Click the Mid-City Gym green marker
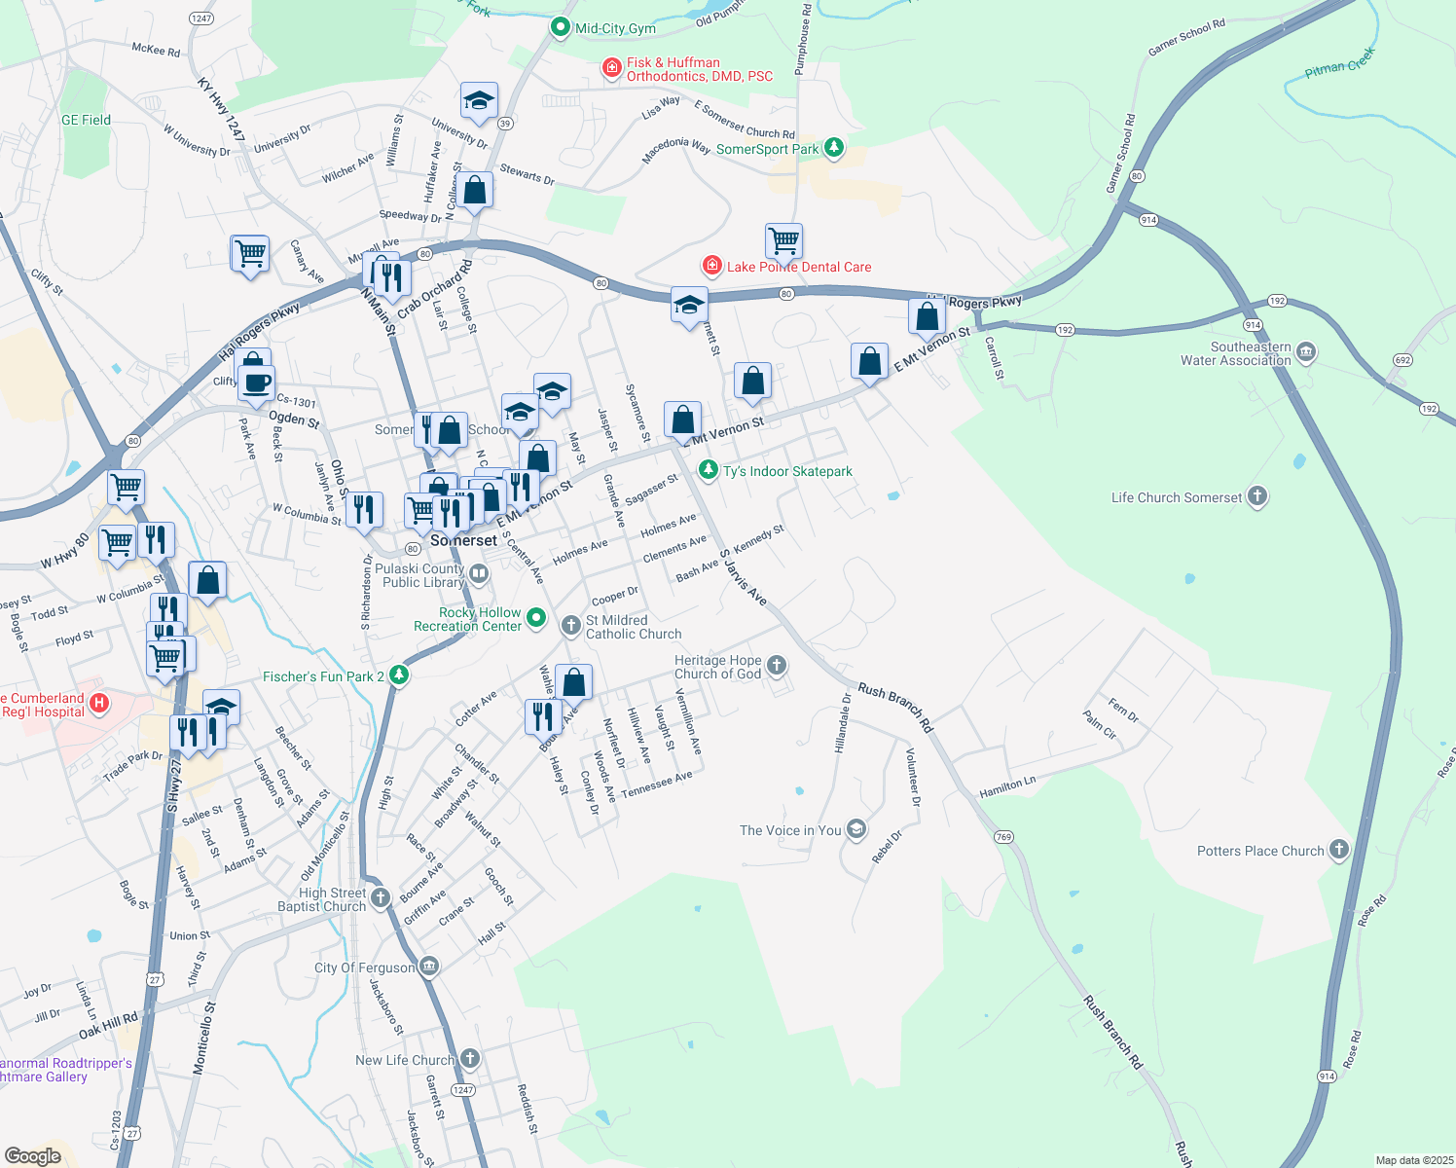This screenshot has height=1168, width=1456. click(x=560, y=27)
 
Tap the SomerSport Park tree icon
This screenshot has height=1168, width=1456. click(x=833, y=148)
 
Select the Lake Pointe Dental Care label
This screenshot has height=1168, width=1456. click(x=799, y=267)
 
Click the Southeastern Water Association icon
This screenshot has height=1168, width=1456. click(x=1306, y=352)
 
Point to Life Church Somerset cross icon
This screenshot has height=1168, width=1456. click(x=1257, y=496)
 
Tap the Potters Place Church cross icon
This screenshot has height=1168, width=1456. click(x=1339, y=850)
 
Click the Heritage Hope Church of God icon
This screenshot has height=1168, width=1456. click(x=776, y=666)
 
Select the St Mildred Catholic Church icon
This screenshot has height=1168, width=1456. click(x=571, y=625)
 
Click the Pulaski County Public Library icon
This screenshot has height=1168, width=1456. click(x=478, y=574)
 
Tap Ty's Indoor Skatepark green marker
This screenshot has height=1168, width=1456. click(x=709, y=471)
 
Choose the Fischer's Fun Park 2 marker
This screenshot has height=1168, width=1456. click(x=398, y=675)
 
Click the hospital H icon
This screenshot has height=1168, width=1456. click(x=99, y=703)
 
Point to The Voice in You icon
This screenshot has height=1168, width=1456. click(x=856, y=829)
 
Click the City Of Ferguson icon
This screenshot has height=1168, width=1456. click(x=429, y=967)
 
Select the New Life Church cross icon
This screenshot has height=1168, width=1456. click(x=470, y=1059)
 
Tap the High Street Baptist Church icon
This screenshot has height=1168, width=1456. click(x=381, y=897)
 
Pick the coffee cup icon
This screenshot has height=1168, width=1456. click(x=256, y=383)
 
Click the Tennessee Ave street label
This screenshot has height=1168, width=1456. click(x=657, y=785)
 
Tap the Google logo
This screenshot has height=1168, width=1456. click(x=33, y=1156)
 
